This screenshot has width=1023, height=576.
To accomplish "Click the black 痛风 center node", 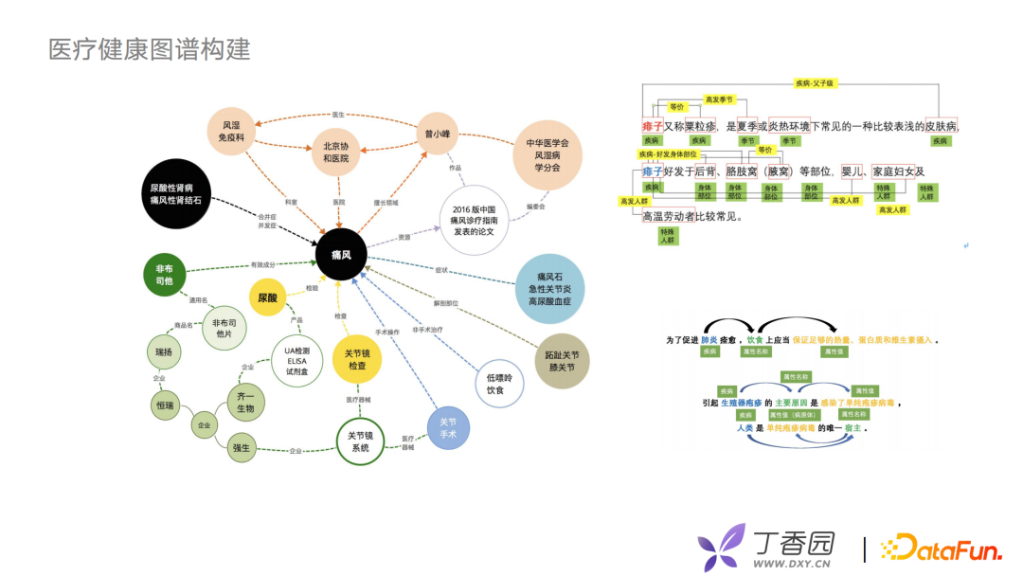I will click(341, 255).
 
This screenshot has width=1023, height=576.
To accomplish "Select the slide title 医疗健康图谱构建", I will click(150, 49).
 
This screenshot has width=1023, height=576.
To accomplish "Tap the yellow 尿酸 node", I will click(268, 297).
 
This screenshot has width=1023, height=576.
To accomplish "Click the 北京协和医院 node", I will click(336, 152).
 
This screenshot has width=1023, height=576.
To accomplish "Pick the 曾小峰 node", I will click(437, 133).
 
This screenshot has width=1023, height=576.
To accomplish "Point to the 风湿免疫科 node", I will click(233, 132).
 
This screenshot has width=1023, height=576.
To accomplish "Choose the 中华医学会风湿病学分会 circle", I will click(547, 154).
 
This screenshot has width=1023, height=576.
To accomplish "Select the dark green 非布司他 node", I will click(164, 275).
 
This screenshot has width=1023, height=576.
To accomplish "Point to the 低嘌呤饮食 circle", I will click(499, 383).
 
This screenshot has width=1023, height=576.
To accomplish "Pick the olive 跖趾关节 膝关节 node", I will click(562, 360).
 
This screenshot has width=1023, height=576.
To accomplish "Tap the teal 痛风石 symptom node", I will click(549, 288).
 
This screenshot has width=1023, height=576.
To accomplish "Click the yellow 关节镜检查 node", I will click(356, 359).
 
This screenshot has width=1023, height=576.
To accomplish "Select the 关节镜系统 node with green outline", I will click(360, 441).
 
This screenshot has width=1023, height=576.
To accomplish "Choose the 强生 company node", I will click(241, 448).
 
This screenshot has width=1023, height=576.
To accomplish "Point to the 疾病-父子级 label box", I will click(816, 83).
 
